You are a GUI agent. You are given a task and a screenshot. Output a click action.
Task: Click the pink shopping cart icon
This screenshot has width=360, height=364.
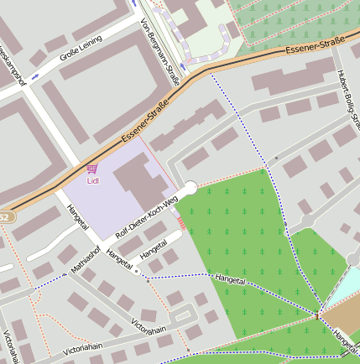pyautogui.click(x=91, y=169)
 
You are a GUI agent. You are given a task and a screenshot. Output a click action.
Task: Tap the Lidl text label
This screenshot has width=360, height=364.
pyautogui.click(x=92, y=180)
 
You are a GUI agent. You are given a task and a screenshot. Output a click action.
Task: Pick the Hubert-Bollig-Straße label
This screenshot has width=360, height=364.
pyautogui.click(x=346, y=97)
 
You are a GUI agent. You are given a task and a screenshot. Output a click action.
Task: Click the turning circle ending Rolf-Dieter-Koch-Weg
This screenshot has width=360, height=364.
pyautogui.click(x=189, y=189)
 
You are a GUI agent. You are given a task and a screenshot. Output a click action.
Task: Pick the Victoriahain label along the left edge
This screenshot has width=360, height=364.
pyautogui.click(x=11, y=346)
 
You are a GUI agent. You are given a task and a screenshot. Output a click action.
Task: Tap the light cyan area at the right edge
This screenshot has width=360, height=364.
pyautogui.click(x=346, y=285)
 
